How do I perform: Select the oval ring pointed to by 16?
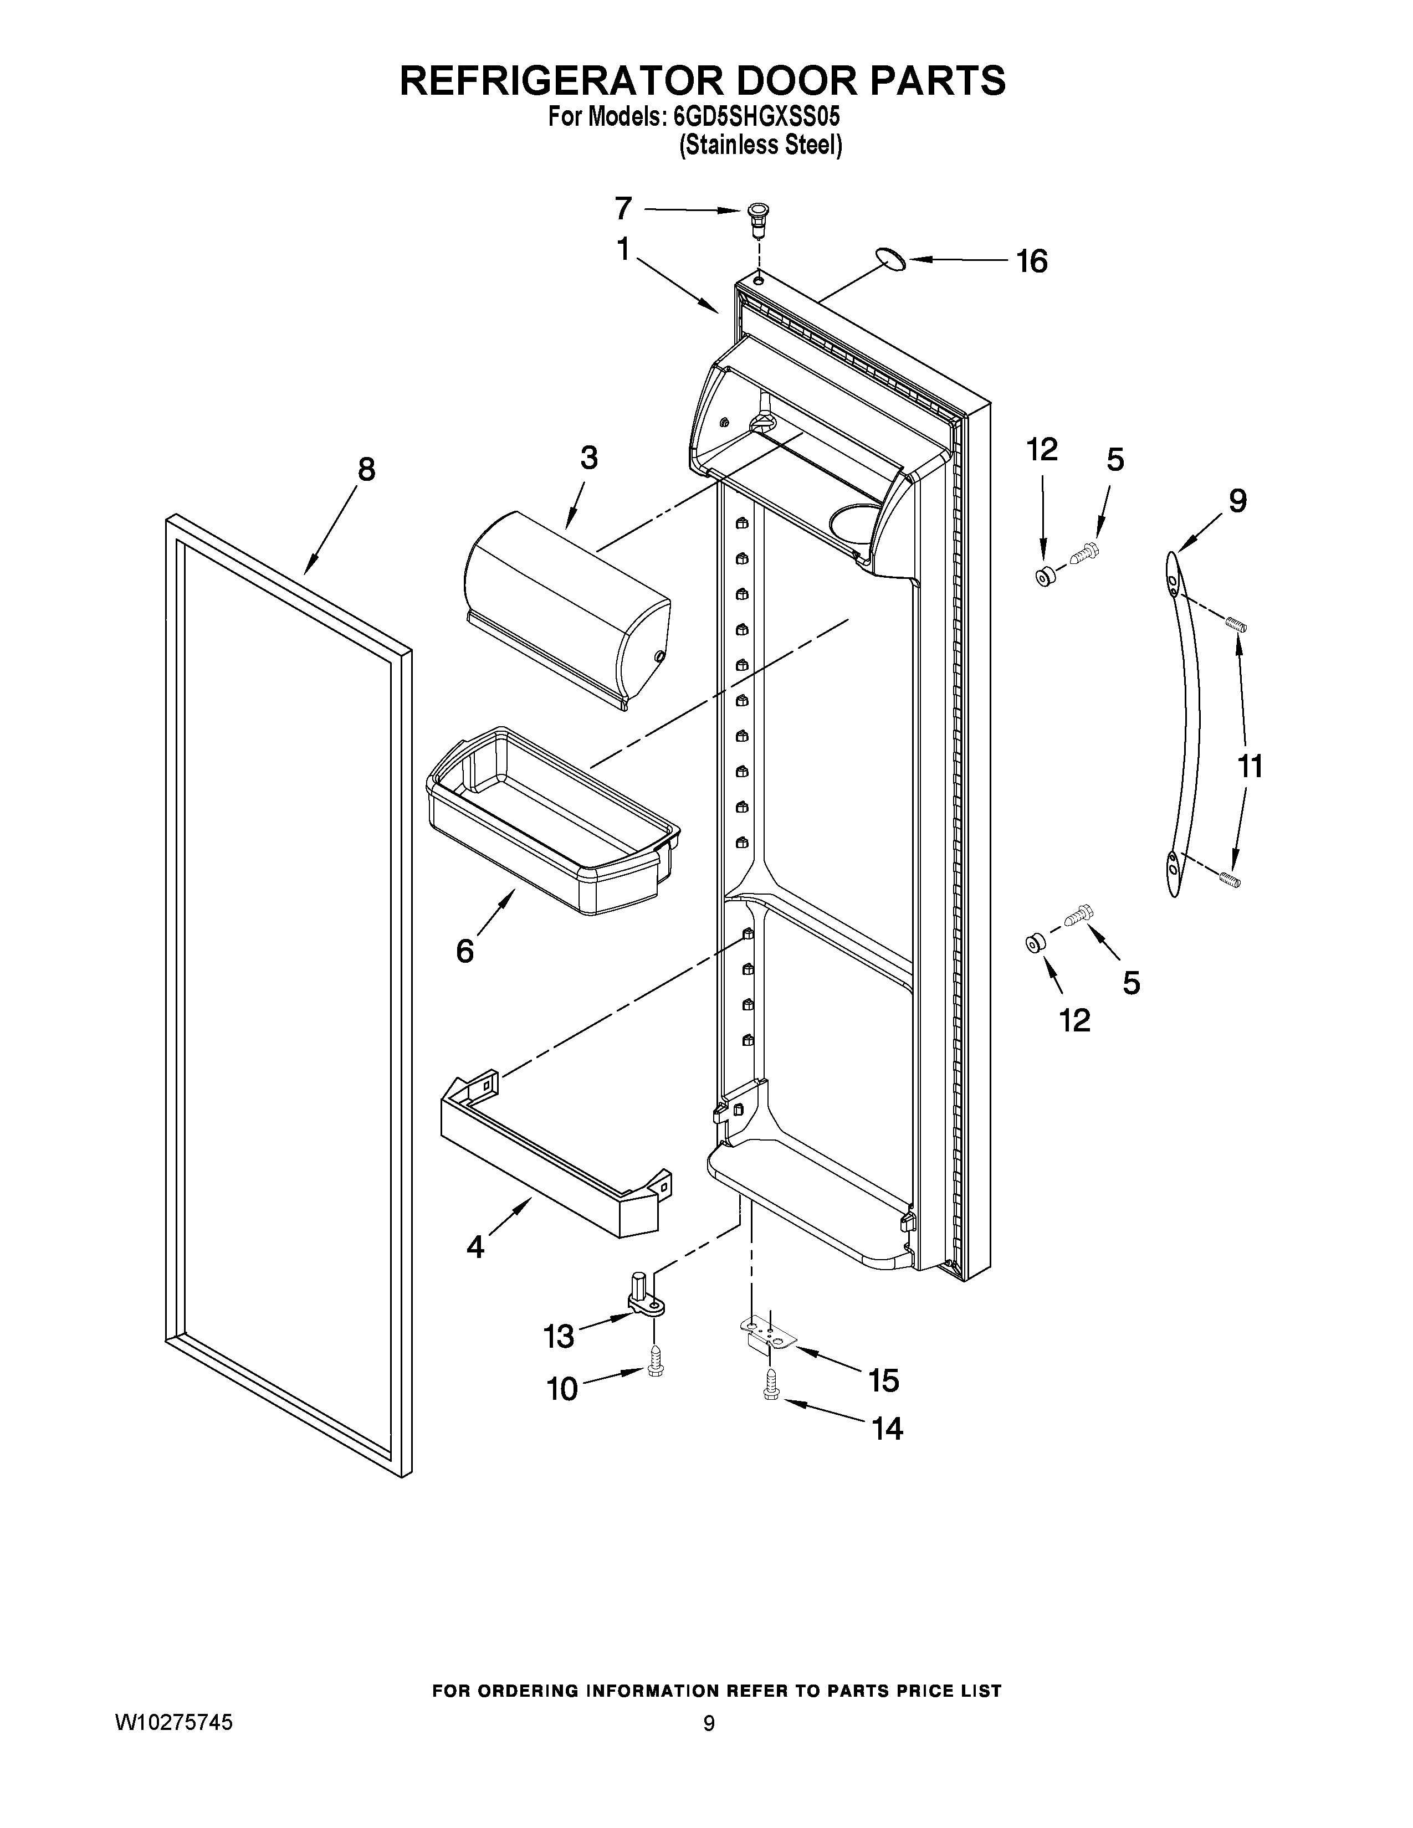tap(893, 259)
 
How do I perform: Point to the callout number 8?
tap(367, 470)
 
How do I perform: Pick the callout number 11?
tap(1250, 766)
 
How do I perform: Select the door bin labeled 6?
tap(552, 820)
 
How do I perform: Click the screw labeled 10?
tap(656, 1369)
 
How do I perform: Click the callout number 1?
tap(623, 249)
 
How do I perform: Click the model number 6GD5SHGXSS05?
tap(757, 116)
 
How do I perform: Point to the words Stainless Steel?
tap(760, 146)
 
